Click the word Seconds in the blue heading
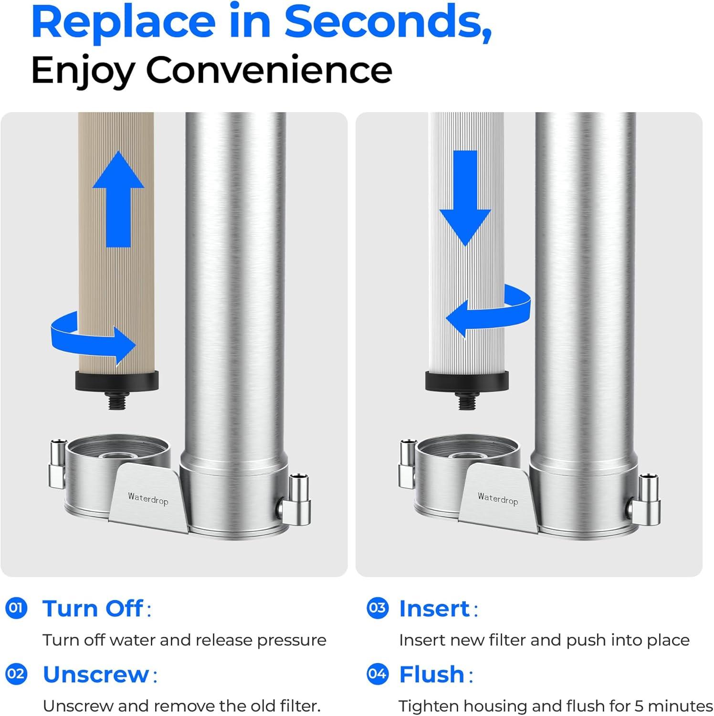tap(388, 23)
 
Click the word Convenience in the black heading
tap(269, 71)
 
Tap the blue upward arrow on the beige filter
tap(118, 199)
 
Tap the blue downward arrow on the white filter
tap(465, 198)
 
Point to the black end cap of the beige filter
tap(117, 381)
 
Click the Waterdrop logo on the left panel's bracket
tap(148, 498)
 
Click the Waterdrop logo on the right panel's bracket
tap(498, 498)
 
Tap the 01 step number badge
tap(16, 608)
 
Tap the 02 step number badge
tap(16, 674)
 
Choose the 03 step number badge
tap(378, 608)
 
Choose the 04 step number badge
tap(378, 674)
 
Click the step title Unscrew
tap(96, 674)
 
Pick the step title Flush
tap(431, 674)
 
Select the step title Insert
tap(435, 609)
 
